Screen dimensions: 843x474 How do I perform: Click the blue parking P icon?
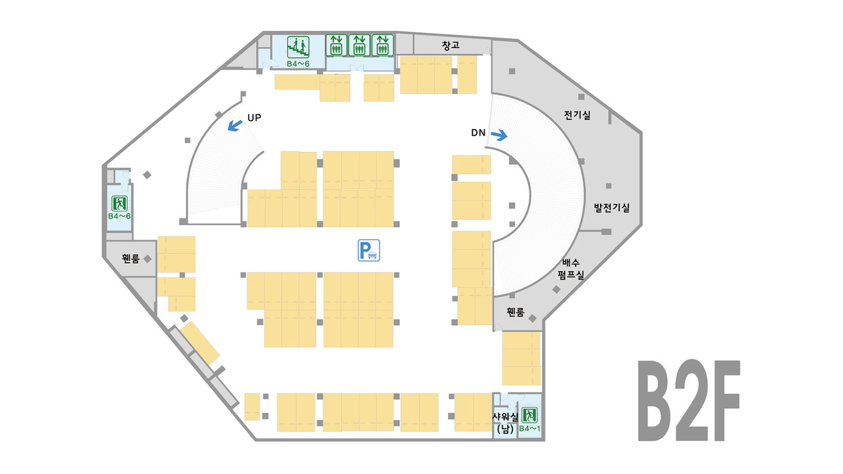369,250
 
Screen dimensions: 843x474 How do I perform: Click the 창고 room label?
451,45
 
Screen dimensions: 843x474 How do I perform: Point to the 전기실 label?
577,115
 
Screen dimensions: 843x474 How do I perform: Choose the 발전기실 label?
612,208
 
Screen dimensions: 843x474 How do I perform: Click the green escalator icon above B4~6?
299,46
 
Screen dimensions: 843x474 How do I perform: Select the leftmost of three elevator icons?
336,45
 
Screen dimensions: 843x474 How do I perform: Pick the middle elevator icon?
359,45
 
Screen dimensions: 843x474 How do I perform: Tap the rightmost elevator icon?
382,45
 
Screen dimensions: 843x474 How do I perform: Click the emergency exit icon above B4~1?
530,415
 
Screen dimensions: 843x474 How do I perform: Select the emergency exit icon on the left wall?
120,202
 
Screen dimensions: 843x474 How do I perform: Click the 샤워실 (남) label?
506,423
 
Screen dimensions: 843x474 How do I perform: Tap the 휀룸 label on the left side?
130,259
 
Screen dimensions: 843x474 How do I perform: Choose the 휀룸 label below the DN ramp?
515,312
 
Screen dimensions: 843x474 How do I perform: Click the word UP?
254,118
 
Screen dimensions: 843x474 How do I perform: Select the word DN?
478,132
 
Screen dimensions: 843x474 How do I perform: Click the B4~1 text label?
530,429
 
